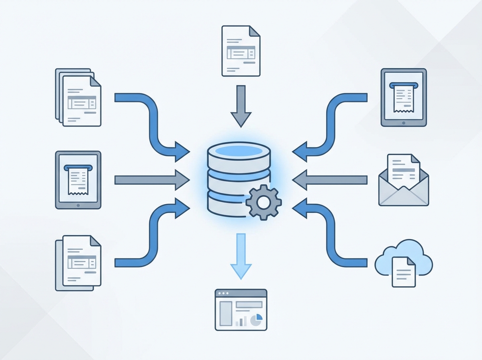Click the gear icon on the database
(x=263, y=202)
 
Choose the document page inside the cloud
(x=404, y=271)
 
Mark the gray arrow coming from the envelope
(x=329, y=180)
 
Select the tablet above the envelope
(x=404, y=97)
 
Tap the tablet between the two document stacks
(x=78, y=180)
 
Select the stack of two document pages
(x=78, y=263)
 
